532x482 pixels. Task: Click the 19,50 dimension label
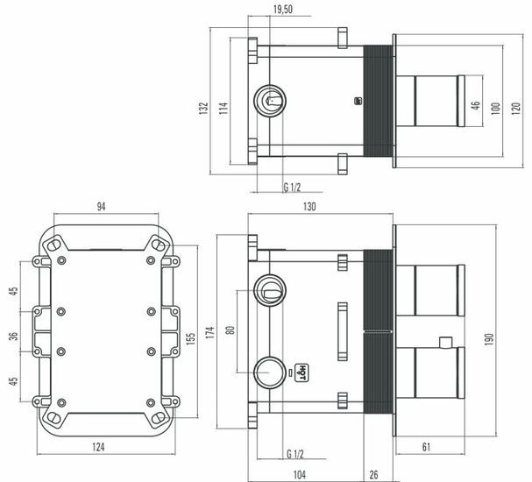click(x=283, y=9)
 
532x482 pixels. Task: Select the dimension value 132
click(x=203, y=108)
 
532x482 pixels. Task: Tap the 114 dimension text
click(x=223, y=108)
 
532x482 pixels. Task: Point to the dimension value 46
click(x=477, y=105)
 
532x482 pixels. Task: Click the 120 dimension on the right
click(x=515, y=109)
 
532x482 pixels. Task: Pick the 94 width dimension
click(x=101, y=206)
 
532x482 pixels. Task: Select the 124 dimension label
click(x=98, y=447)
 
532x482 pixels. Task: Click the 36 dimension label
click(x=13, y=337)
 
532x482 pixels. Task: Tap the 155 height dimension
click(x=191, y=338)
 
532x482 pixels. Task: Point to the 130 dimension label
click(x=309, y=206)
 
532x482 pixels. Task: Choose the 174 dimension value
click(x=210, y=332)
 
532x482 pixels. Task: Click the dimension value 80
click(x=230, y=330)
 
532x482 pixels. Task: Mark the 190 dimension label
click(x=488, y=339)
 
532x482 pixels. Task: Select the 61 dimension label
click(x=426, y=447)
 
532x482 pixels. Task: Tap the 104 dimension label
click(x=299, y=474)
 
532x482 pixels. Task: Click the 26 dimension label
click(x=373, y=474)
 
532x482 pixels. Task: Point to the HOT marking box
click(x=301, y=372)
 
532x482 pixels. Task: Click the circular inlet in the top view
click(x=270, y=101)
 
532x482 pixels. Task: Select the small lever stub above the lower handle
click(x=445, y=343)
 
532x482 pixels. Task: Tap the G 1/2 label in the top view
click(x=292, y=188)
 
